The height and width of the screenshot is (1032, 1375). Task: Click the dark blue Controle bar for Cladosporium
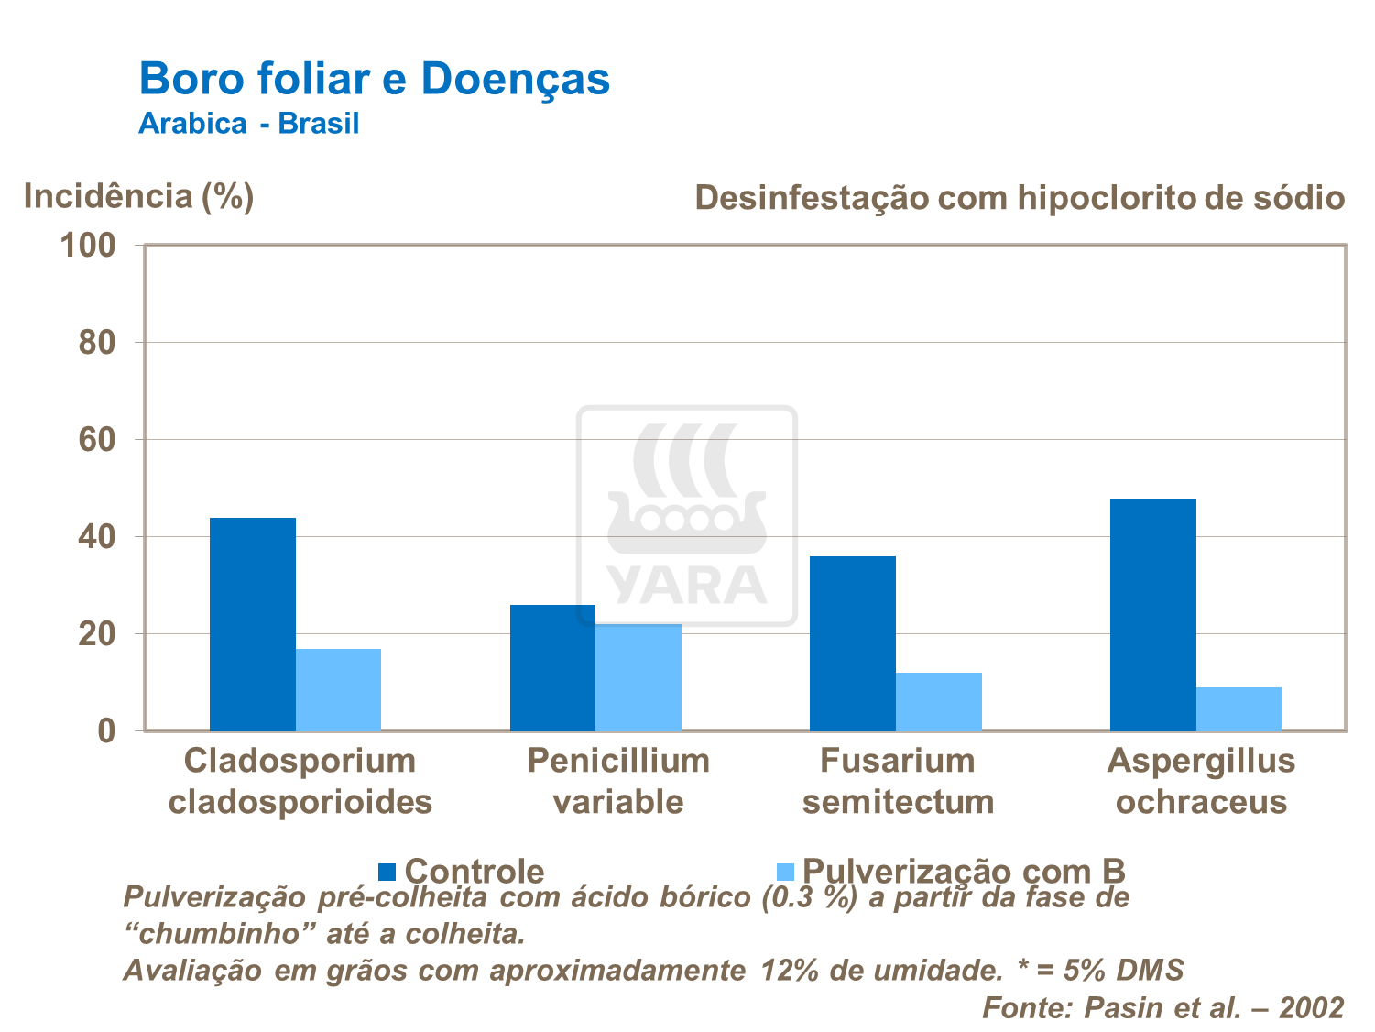point(252,624)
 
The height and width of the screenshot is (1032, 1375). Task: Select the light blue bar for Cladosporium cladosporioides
point(338,689)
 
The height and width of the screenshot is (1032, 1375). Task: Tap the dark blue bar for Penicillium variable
point(552,667)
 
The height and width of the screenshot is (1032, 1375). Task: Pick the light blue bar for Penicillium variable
point(638,677)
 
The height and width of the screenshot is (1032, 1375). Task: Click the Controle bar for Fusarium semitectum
point(852,643)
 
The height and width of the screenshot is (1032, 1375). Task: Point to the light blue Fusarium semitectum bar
point(938,701)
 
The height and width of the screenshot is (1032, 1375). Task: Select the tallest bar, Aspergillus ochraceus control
point(1152,614)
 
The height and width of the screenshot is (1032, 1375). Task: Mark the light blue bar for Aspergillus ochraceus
point(1239,708)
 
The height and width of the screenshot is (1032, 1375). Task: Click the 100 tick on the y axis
point(88,246)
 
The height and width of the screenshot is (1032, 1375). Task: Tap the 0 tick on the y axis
point(106,731)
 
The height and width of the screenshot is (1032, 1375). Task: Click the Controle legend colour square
point(387,871)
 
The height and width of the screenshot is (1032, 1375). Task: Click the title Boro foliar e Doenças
point(374,79)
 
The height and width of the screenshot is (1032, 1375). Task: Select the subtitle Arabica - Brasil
point(248,123)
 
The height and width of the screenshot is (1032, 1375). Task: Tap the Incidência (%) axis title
point(138,196)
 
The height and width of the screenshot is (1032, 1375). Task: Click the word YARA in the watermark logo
point(686,586)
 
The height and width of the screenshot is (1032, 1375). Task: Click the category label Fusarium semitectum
point(898,781)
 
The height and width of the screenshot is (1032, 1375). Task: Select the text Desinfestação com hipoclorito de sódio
point(1019,197)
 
